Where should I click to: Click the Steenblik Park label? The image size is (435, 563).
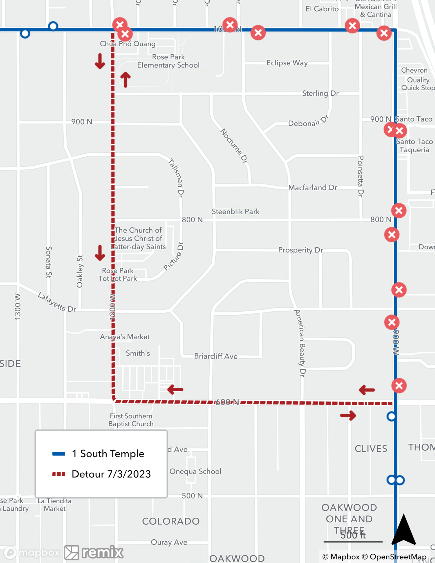(236, 211)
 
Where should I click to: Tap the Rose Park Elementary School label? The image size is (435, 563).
(168, 61)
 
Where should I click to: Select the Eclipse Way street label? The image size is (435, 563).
(287, 63)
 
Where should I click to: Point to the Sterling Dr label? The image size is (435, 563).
(320, 93)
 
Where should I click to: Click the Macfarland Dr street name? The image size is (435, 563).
(313, 187)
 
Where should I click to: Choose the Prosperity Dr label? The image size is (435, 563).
(300, 250)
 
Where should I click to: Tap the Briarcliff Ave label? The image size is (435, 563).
(216, 356)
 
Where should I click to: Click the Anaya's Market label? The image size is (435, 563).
(125, 337)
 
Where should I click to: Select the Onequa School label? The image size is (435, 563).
(195, 471)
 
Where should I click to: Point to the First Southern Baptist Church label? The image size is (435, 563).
(131, 420)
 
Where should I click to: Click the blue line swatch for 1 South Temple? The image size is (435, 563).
(59, 453)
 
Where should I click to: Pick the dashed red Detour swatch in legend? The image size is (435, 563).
(59, 474)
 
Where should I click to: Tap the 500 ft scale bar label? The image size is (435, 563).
(353, 535)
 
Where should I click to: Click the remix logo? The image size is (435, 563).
(94, 552)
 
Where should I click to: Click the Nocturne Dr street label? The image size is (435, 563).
(234, 146)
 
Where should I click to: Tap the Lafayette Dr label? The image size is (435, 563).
(57, 302)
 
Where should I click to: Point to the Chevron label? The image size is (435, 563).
(414, 70)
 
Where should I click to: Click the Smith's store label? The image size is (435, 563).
(138, 353)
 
